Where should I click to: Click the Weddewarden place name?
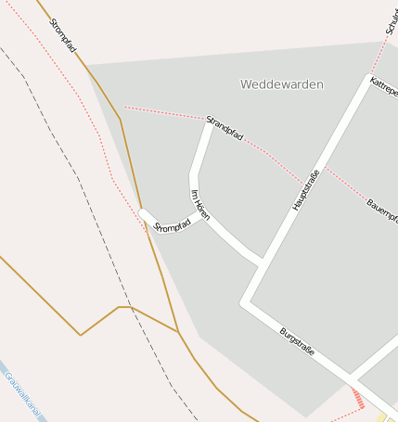(x=281, y=84)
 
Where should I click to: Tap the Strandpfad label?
(x=225, y=128)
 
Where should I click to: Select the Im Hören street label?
(x=199, y=205)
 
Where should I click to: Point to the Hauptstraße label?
(x=306, y=190)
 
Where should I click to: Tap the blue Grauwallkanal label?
(x=23, y=396)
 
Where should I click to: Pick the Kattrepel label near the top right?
(x=383, y=90)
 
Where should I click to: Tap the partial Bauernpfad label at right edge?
(x=381, y=212)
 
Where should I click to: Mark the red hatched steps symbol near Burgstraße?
(x=358, y=399)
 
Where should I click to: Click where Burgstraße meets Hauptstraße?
(x=246, y=302)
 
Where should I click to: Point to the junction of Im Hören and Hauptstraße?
(x=262, y=261)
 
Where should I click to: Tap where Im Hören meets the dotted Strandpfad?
(x=209, y=121)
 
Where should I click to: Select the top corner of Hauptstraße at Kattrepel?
(x=368, y=77)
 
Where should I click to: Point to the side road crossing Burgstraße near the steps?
(x=353, y=380)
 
